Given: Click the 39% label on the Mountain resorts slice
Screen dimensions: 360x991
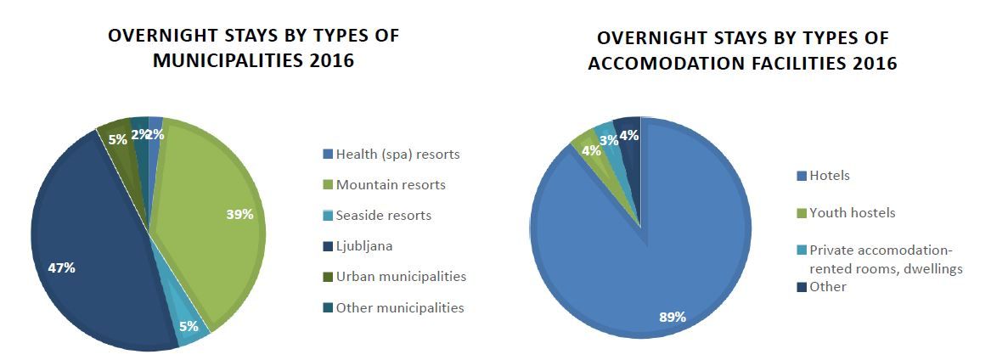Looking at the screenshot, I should pos(240,215).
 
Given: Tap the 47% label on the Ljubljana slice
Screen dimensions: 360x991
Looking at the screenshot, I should pos(61,268).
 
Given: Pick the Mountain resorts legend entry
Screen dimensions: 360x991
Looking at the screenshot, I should pos(391,184).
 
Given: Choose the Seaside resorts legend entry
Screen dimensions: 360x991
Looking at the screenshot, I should pos(383,216).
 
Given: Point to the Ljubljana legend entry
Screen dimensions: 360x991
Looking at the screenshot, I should pos(364,246).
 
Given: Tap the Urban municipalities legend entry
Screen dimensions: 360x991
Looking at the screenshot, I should pos(401,277).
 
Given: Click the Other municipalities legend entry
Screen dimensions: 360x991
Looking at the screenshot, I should pos(400,307).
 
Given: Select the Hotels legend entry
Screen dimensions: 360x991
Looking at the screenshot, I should pos(830,176).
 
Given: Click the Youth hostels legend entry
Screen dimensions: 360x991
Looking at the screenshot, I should pos(852,213).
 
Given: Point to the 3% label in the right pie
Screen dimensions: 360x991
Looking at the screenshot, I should pos(608,140).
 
